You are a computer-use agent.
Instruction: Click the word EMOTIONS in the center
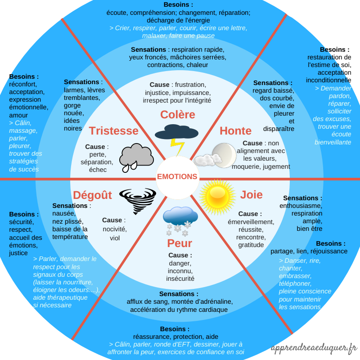point(177,177)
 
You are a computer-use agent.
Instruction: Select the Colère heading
point(177,115)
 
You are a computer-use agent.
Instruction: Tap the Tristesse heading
point(113,131)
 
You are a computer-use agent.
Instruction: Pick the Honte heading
point(235,131)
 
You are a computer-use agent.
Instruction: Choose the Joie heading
point(251,195)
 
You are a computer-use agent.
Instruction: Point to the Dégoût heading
point(92,195)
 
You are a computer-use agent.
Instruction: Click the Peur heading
point(180,243)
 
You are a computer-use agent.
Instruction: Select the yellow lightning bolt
point(176,147)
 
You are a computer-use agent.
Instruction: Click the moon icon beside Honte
point(224,154)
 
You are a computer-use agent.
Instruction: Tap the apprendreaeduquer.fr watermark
point(314,348)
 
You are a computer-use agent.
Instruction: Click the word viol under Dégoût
point(115,238)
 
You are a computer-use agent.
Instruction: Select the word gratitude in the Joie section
point(251,245)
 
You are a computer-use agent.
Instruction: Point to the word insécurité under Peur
point(180,279)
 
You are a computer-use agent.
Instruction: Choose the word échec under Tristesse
point(98,170)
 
